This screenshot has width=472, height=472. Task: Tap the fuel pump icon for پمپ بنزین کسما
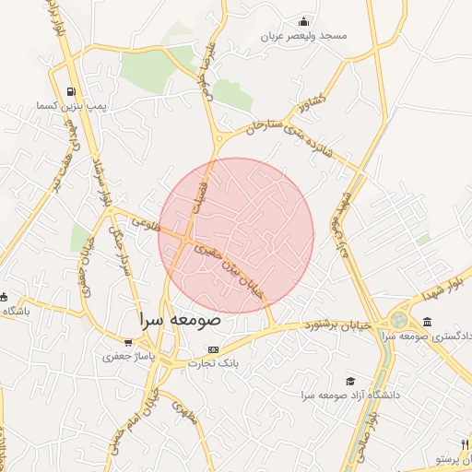[x=71, y=92]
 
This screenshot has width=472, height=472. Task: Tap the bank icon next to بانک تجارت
[x=214, y=350]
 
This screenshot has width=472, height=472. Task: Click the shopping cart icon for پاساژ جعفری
[x=128, y=342]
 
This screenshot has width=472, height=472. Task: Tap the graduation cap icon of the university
[x=350, y=382]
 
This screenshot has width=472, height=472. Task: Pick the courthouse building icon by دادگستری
[x=428, y=321]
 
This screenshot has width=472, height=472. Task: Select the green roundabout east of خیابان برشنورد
[x=398, y=320]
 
